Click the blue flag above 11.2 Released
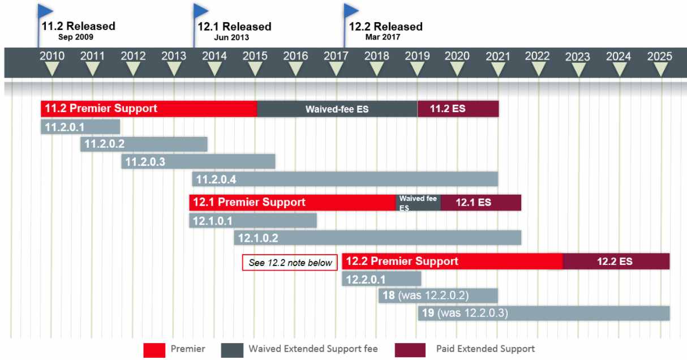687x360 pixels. pyautogui.click(x=45, y=11)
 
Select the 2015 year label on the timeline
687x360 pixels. pyautogui.click(x=255, y=56)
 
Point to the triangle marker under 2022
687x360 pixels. pyautogui.click(x=538, y=69)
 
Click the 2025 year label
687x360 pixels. pyautogui.click(x=660, y=57)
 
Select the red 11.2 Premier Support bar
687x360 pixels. pyautogui.click(x=149, y=109)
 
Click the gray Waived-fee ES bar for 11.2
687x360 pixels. pyautogui.click(x=337, y=109)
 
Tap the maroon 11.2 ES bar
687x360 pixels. pyautogui.click(x=458, y=109)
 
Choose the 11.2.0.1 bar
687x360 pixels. pyautogui.click(x=80, y=127)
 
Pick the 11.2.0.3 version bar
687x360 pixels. pyautogui.click(x=198, y=161)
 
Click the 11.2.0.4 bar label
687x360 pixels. pyautogui.click(x=216, y=179)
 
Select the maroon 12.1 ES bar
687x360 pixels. pyautogui.click(x=481, y=203)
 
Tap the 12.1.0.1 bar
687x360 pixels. pyautogui.click(x=253, y=221)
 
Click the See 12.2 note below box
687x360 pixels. pyautogui.click(x=290, y=263)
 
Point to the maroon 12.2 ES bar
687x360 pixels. pyautogui.click(x=616, y=262)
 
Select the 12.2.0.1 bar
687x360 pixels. pyautogui.click(x=381, y=279)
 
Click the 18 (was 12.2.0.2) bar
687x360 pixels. pyautogui.click(x=438, y=295)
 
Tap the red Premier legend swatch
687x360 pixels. pyautogui.click(x=154, y=350)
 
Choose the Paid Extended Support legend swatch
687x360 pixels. pyautogui.click(x=410, y=350)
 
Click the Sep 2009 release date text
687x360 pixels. pyautogui.click(x=76, y=37)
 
